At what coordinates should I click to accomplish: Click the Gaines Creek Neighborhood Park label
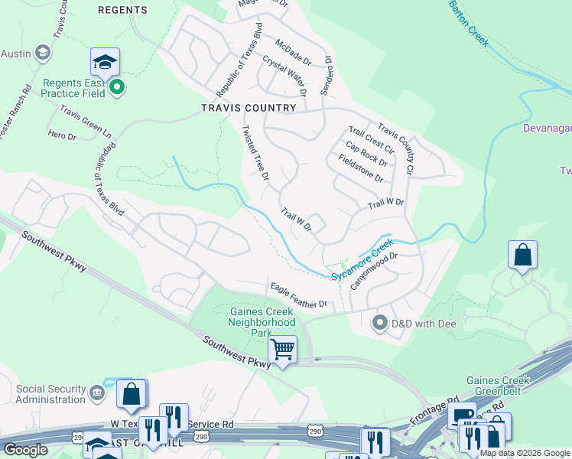(x=261, y=323)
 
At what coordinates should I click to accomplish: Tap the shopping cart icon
(x=284, y=350)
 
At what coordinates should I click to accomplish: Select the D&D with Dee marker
(x=379, y=323)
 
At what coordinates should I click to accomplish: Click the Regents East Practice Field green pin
(x=116, y=88)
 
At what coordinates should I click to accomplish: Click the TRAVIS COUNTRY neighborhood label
(x=248, y=108)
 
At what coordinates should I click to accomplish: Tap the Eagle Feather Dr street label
(x=298, y=295)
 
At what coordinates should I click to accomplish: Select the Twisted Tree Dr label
(x=255, y=153)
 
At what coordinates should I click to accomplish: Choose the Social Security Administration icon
(x=97, y=393)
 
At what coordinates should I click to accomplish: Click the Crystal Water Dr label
(x=284, y=74)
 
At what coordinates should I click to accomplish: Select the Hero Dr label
(x=62, y=135)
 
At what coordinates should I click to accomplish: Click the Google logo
(x=25, y=450)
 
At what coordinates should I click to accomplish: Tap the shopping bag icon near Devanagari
(x=522, y=256)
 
